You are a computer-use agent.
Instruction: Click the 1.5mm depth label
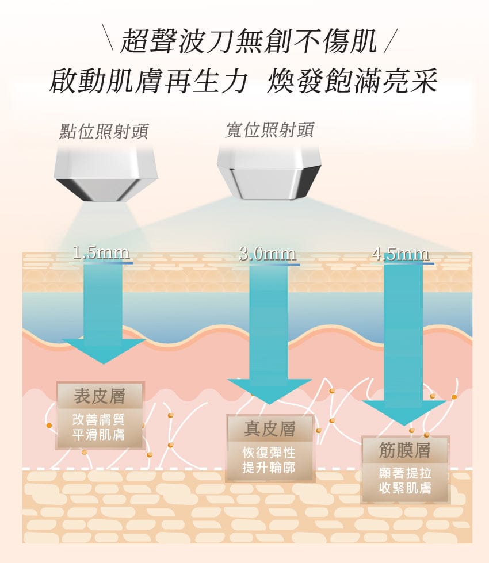click(x=101, y=252)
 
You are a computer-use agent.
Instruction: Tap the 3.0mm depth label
click(x=268, y=254)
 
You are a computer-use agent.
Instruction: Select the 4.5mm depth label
click(x=400, y=254)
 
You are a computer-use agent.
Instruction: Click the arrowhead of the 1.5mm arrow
click(x=104, y=351)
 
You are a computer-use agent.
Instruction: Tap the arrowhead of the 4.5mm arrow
click(x=404, y=413)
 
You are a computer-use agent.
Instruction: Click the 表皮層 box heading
click(x=100, y=396)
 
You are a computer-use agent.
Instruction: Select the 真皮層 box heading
click(x=270, y=428)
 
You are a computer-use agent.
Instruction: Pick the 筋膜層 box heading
click(x=404, y=450)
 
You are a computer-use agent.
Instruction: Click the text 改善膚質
click(x=98, y=419)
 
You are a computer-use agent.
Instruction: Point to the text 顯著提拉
click(x=405, y=473)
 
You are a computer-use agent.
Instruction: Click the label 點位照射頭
click(x=104, y=131)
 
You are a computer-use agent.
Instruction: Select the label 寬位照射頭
click(x=269, y=130)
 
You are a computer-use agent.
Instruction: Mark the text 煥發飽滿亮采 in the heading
click(x=352, y=81)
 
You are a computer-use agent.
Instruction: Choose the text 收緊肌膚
click(x=405, y=488)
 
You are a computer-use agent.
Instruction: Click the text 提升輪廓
click(x=269, y=468)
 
